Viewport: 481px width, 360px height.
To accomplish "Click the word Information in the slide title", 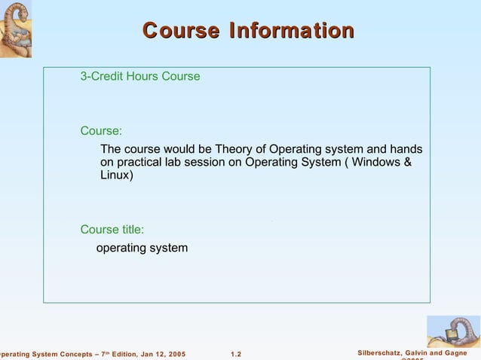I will [292, 31].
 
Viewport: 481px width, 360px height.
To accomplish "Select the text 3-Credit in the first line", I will [102, 76].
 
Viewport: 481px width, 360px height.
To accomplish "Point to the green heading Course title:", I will [112, 230].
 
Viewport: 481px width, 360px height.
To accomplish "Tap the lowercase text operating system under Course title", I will [142, 248].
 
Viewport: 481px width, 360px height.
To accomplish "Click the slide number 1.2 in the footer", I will [235, 354].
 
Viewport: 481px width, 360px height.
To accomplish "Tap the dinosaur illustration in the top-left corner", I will [15, 29].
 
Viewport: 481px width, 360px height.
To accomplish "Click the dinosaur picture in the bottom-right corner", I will [454, 331].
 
